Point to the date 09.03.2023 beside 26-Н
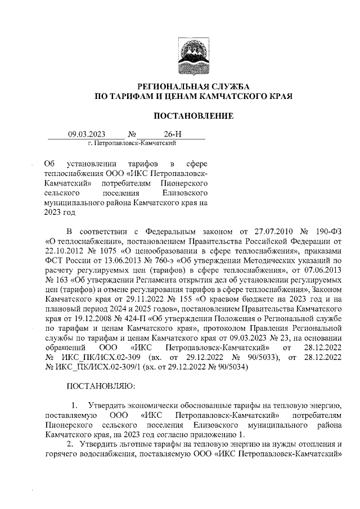[x=87, y=135]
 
